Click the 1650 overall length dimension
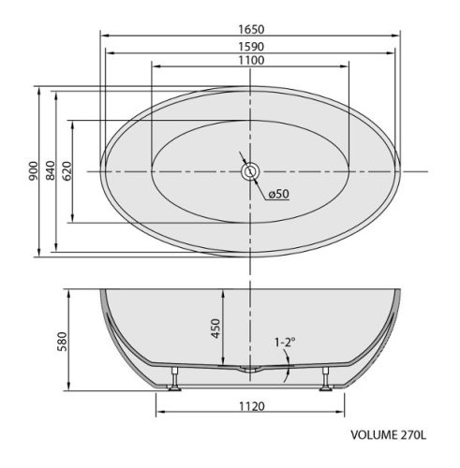[251, 29]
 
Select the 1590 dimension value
[251, 47]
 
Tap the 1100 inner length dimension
[251, 60]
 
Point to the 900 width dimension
[33, 170]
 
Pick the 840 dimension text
[51, 170]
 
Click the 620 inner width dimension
[67, 171]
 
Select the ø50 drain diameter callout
[279, 194]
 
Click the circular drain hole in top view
[250, 171]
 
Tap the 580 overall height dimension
[62, 341]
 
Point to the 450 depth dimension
[215, 329]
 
